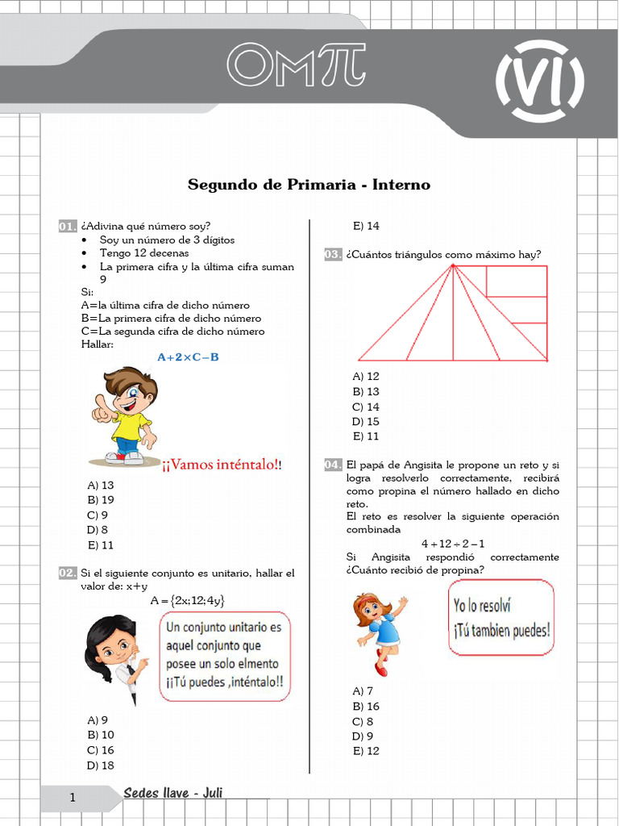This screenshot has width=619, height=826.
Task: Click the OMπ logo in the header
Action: pyautogui.click(x=296, y=64)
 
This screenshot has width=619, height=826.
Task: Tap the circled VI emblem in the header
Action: pyautogui.click(x=539, y=78)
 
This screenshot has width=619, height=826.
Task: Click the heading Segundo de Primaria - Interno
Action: pyautogui.click(x=309, y=185)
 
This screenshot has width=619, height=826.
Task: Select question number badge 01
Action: pyautogui.click(x=67, y=227)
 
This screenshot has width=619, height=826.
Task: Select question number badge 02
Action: pyautogui.click(x=67, y=574)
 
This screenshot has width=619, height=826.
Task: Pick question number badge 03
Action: pyautogui.click(x=333, y=255)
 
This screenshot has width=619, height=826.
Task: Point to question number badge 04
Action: pyautogui.click(x=333, y=465)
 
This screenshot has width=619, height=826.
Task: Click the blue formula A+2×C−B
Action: pyautogui.click(x=188, y=357)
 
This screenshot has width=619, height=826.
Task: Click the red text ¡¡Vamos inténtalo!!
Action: pyautogui.click(x=222, y=465)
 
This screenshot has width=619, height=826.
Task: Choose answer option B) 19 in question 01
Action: pyautogui.click(x=101, y=500)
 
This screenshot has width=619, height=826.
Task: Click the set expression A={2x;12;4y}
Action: pyautogui.click(x=188, y=600)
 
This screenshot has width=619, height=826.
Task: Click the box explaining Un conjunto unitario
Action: pyautogui.click(x=225, y=656)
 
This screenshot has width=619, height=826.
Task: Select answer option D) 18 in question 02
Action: pyautogui.click(x=101, y=765)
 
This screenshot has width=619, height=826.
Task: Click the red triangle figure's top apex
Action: pyautogui.click(x=453, y=266)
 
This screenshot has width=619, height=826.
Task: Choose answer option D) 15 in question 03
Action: pyautogui.click(x=366, y=422)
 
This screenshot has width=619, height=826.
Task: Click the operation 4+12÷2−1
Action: pyautogui.click(x=453, y=544)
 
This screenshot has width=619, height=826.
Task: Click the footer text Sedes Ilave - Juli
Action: pyautogui.click(x=173, y=794)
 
